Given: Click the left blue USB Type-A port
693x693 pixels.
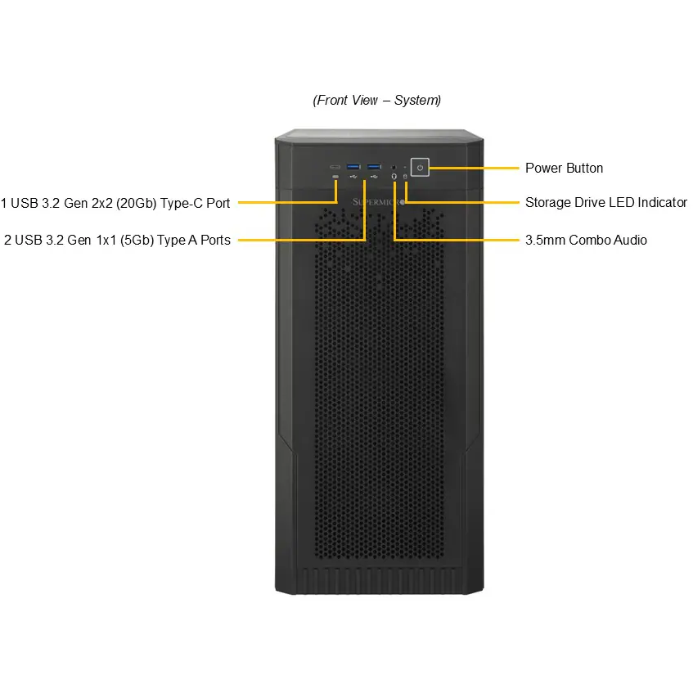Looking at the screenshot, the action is [x=353, y=167].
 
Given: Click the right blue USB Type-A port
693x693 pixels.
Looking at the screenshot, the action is [x=374, y=167].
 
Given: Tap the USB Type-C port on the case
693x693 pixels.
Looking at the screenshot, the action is [x=335, y=167].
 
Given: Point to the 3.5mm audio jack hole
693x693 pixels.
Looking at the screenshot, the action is [x=394, y=168].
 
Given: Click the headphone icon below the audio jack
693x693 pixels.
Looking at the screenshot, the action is [x=394, y=177].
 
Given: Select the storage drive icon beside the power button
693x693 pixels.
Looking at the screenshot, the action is [x=405, y=177].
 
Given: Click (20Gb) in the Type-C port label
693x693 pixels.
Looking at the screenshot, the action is [x=136, y=203].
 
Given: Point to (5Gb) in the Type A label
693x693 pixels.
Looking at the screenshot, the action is [x=137, y=240].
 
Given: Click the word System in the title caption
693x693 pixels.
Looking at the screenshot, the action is [x=417, y=101].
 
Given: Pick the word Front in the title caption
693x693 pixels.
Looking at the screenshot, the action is [x=330, y=101].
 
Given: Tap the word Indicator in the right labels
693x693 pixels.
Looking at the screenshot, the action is [x=662, y=202].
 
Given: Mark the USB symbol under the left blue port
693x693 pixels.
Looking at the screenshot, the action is [x=353, y=177].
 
